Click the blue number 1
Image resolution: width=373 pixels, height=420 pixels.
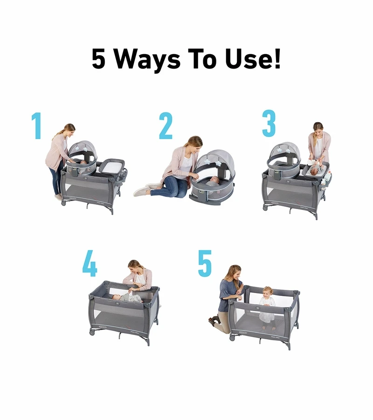click(36, 126)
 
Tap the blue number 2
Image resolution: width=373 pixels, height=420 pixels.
click(166, 126)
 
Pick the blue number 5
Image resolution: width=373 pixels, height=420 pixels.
click(205, 263)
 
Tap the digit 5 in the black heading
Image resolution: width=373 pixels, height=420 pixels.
click(99, 59)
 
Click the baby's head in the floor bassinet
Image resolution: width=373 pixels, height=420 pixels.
click(214, 180)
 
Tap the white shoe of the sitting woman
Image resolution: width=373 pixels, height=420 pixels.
click(142, 191)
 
